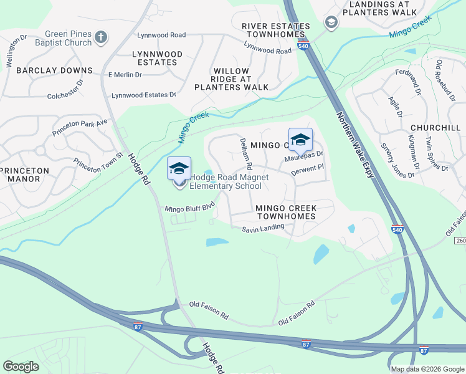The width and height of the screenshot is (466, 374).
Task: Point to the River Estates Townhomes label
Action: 275,29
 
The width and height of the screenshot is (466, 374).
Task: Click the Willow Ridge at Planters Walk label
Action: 231,79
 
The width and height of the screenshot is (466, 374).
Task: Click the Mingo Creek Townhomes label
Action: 285,212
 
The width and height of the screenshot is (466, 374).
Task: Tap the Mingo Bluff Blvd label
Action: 189,206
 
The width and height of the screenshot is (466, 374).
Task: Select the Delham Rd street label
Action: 245,155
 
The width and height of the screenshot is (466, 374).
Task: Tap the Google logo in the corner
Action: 21,366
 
